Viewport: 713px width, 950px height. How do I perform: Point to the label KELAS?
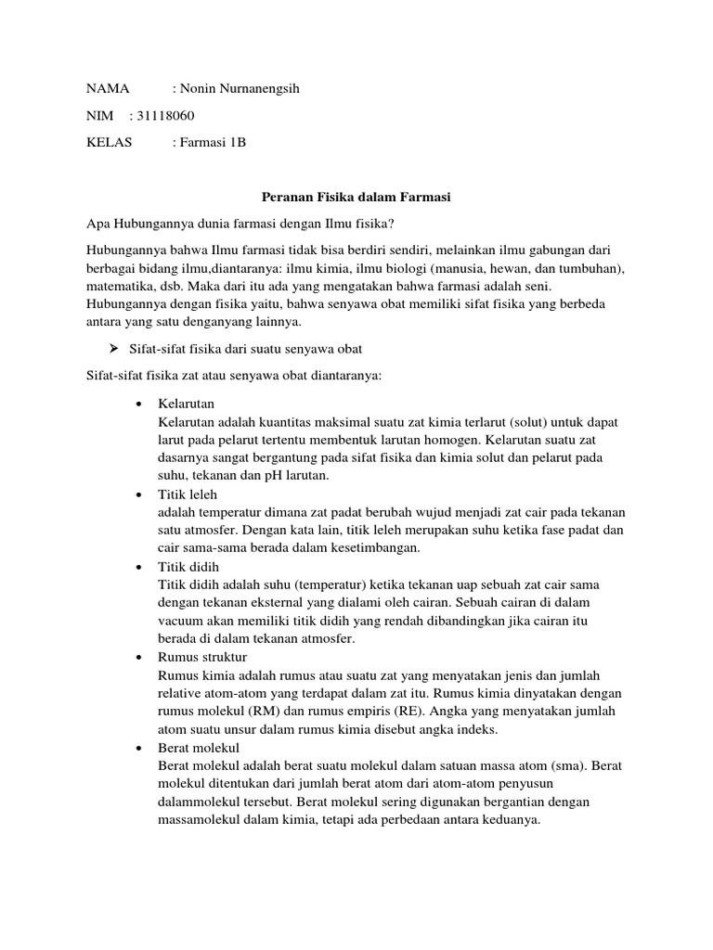click(x=110, y=143)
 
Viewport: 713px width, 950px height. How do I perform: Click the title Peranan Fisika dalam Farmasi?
click(x=356, y=198)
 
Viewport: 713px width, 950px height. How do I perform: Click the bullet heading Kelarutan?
click(x=187, y=404)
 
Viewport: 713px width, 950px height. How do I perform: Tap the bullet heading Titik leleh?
click(x=188, y=494)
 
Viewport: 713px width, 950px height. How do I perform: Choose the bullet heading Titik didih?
click(x=188, y=566)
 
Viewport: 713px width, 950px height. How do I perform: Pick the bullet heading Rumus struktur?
click(x=202, y=656)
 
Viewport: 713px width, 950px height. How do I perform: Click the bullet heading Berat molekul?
click(x=199, y=747)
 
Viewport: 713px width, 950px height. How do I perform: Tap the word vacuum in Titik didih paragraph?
click(x=184, y=621)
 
